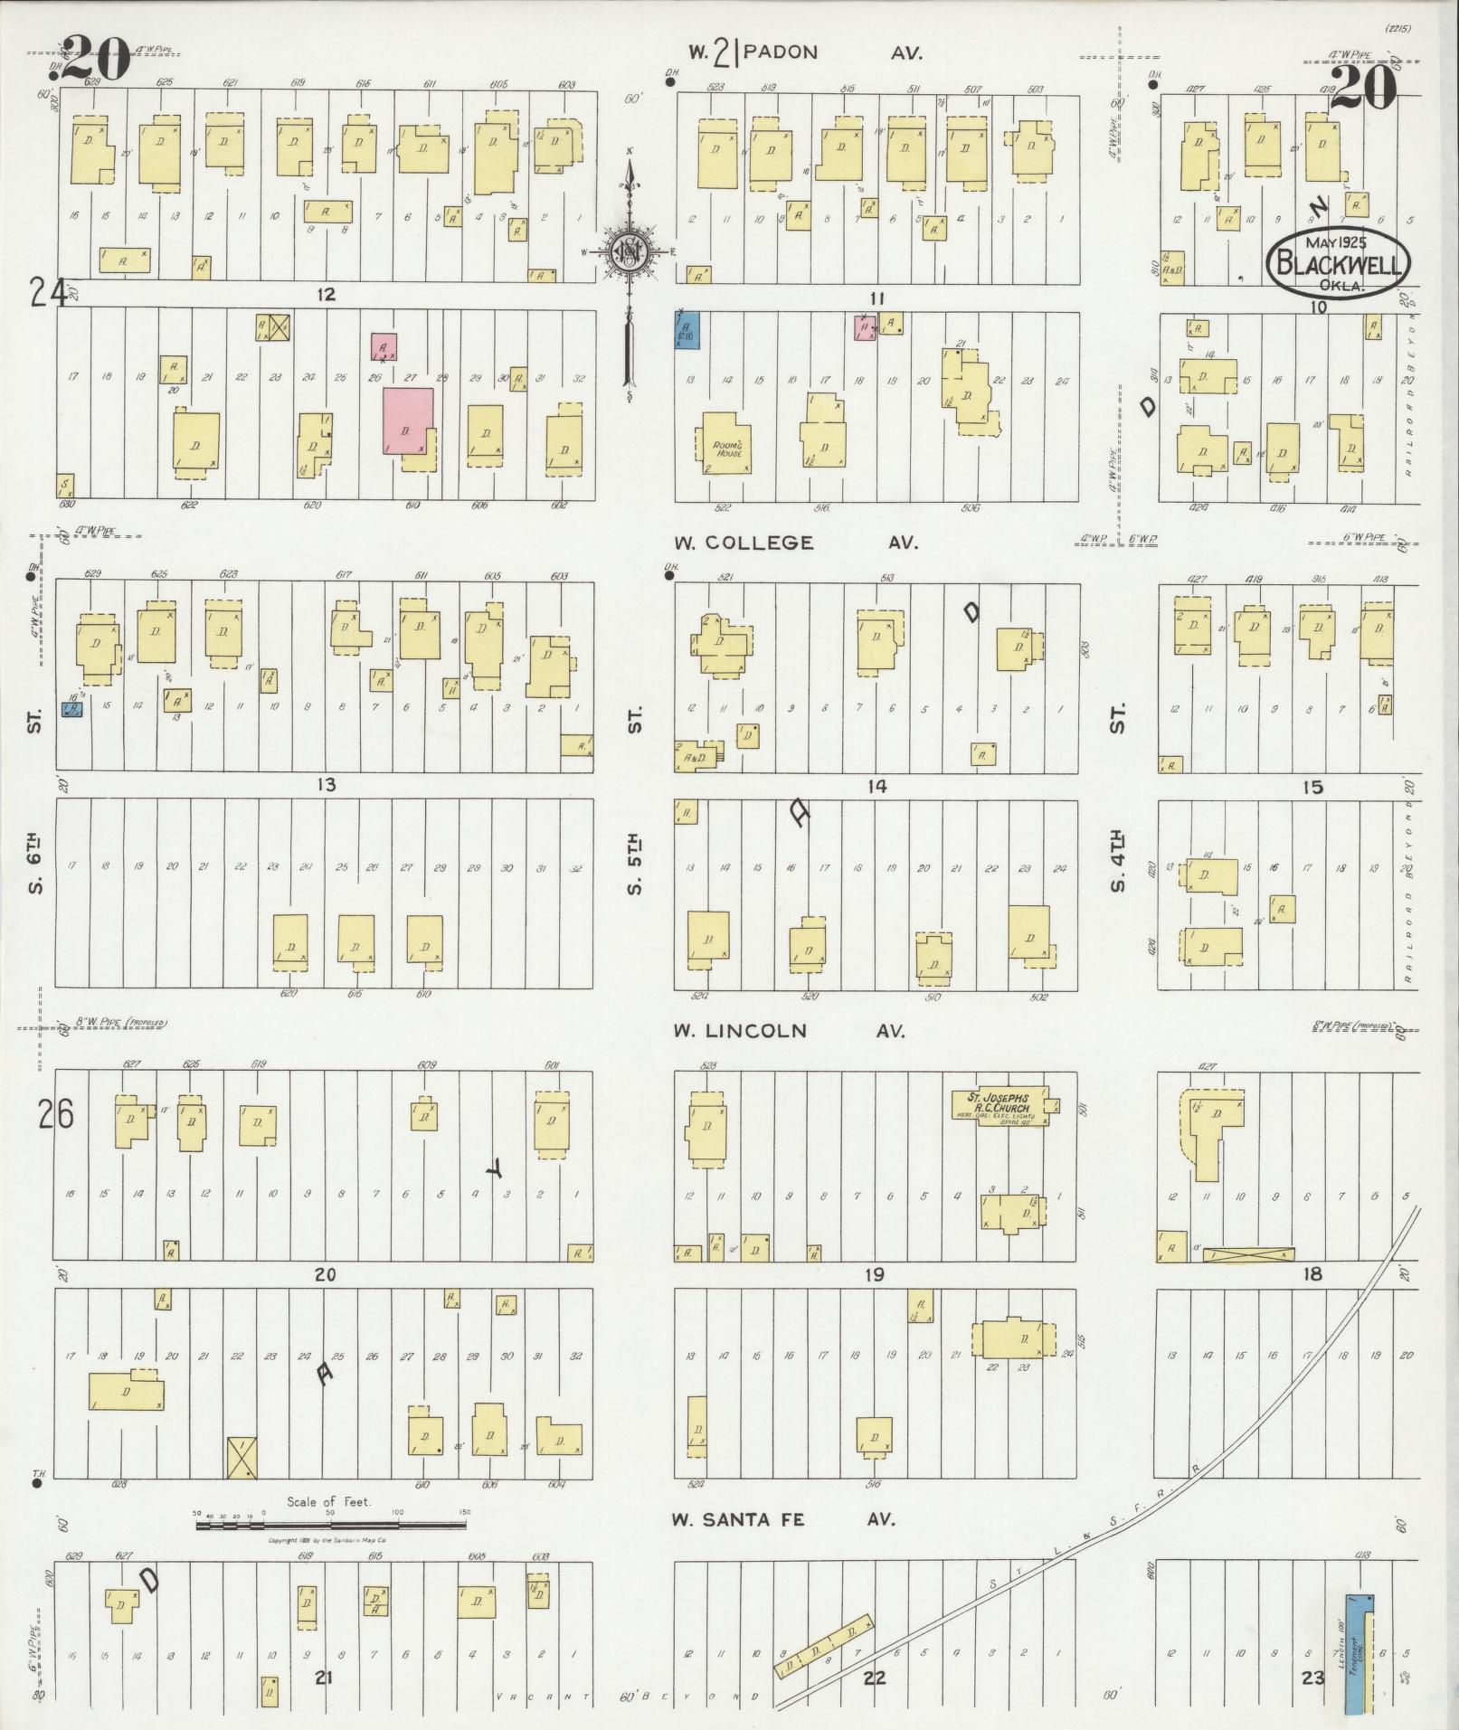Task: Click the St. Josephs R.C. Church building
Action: [x=1000, y=1106]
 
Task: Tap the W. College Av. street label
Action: [x=796, y=543]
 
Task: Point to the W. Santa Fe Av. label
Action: [x=783, y=1520]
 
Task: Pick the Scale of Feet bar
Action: [x=331, y=1525]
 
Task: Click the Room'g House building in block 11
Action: [x=726, y=444]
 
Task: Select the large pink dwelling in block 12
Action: [x=406, y=421]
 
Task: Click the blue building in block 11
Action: [x=689, y=330]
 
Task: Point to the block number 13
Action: [x=326, y=785]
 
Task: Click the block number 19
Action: [x=873, y=1275]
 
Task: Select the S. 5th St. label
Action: [x=636, y=864]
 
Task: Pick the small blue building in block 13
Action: [x=72, y=710]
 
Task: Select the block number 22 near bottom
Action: [x=874, y=1678]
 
